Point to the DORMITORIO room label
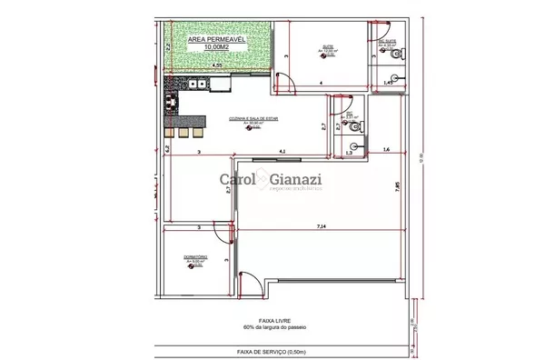pyautogui.click(x=195, y=256)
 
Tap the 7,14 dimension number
pyautogui.click(x=322, y=224)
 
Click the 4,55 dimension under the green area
pyautogui.click(x=217, y=66)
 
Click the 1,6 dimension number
pyautogui.click(x=385, y=148)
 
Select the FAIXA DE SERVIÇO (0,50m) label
pyautogui.click(x=270, y=351)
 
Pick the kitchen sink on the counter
pyautogui.click(x=220, y=85)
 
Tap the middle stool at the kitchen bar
pyautogui.click(x=183, y=132)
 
